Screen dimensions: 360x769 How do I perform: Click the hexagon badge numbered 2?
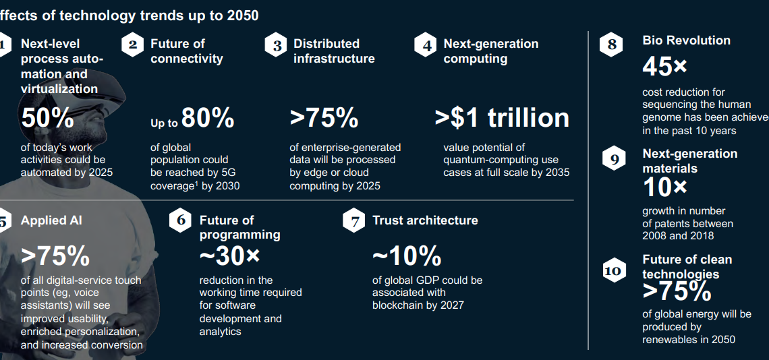133,45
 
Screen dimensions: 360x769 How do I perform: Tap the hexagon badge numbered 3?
277,46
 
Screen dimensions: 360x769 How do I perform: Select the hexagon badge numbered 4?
426,46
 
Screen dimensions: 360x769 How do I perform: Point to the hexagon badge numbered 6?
180,220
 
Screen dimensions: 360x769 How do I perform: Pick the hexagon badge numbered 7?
354,221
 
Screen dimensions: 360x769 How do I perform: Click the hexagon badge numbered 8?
611,45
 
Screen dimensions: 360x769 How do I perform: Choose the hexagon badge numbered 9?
613,160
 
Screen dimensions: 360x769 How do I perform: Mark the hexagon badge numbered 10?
613,271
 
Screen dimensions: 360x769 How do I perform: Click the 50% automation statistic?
47,118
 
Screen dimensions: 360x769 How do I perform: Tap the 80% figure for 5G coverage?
207,118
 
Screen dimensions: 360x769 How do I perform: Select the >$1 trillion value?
502,118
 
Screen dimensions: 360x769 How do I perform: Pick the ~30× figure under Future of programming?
229,256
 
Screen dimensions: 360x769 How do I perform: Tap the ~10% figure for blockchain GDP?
407,256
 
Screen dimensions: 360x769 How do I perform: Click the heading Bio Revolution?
686,40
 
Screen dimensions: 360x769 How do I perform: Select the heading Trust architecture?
425,220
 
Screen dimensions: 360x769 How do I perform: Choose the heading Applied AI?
51,220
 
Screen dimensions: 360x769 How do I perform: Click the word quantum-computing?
482,160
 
